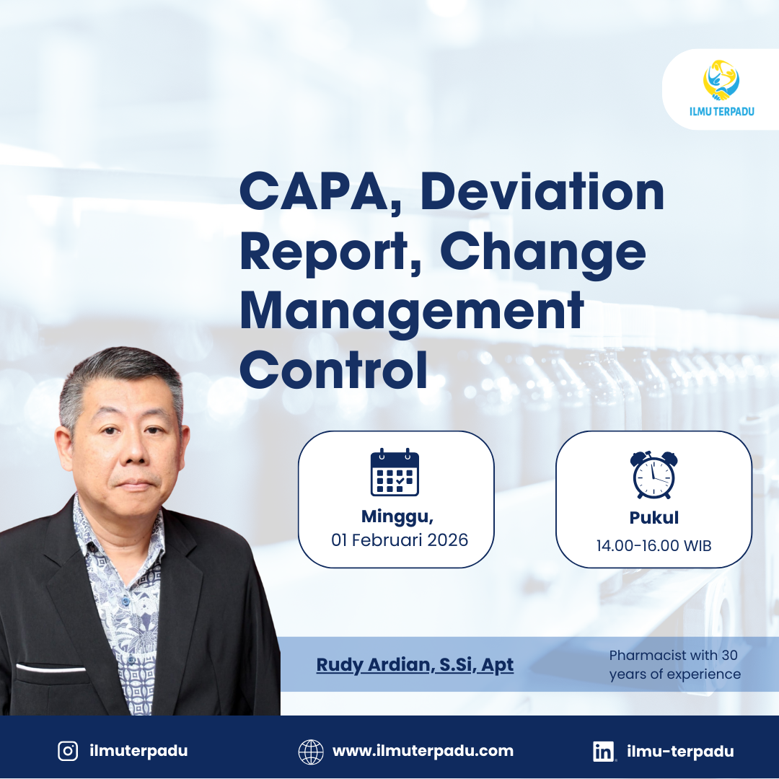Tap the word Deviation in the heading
pyautogui.click(x=542, y=192)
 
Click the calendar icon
pyautogui.click(x=395, y=472)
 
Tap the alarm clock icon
pyautogui.click(x=653, y=474)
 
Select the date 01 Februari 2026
pyautogui.click(x=400, y=540)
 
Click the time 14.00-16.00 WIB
pyautogui.click(x=653, y=545)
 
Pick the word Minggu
pyautogui.click(x=397, y=516)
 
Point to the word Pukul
pyautogui.click(x=653, y=518)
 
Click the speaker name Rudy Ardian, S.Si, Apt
pyautogui.click(x=415, y=664)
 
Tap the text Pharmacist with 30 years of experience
pyautogui.click(x=674, y=664)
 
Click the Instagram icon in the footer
pyautogui.click(x=68, y=751)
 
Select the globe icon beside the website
pyautogui.click(x=311, y=752)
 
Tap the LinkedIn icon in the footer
pyautogui.click(x=604, y=752)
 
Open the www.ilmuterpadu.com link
pyautogui.click(x=423, y=751)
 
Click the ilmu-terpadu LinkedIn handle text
pyautogui.click(x=680, y=752)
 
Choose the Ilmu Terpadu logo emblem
pyautogui.click(x=721, y=79)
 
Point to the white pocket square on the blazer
pyautogui.click(x=50, y=668)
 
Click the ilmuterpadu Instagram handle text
pyautogui.click(x=138, y=751)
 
